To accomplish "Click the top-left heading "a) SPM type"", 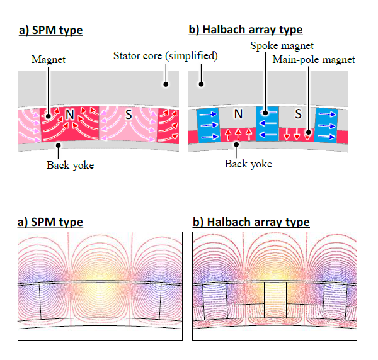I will point(50,30).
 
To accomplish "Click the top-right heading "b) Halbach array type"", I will point(246,30).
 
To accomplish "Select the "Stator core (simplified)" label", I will point(166,55).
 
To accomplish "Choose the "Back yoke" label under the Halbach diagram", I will point(248,164).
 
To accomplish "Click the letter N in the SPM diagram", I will point(69,115).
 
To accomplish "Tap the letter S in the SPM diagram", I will point(129,115).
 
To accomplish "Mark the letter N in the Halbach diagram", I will point(238,115).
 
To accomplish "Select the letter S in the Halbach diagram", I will point(297,115).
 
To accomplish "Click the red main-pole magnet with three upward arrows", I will point(238,135).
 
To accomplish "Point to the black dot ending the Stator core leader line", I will point(166,84).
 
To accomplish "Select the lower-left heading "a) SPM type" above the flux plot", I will point(50,222).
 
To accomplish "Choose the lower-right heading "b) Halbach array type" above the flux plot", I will point(250,222).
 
